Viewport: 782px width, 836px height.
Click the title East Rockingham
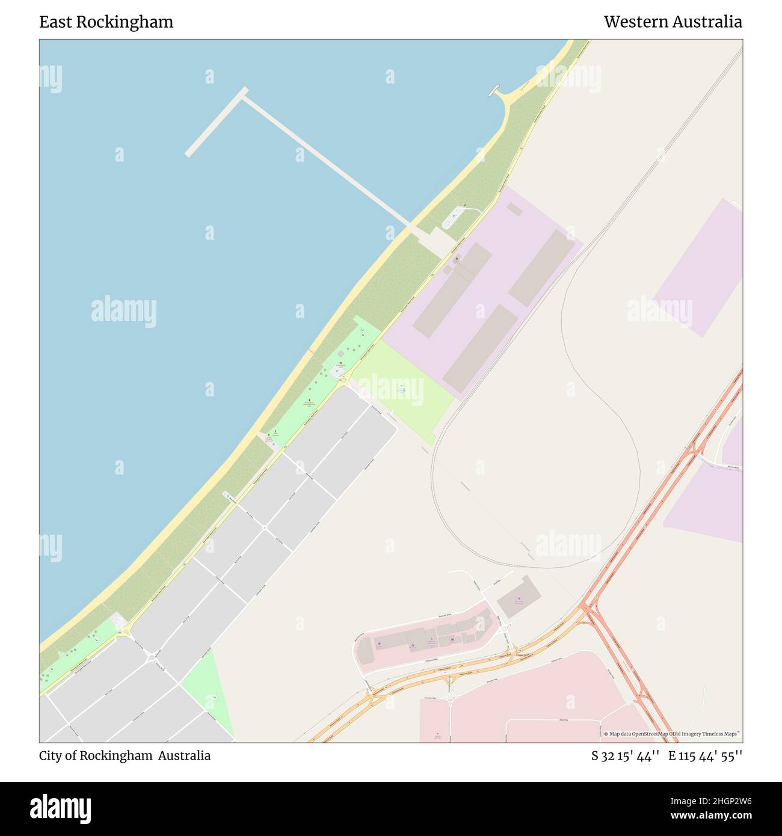click(x=106, y=22)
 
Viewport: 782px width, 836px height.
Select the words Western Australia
click(x=673, y=22)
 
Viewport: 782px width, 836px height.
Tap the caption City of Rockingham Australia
click(x=125, y=756)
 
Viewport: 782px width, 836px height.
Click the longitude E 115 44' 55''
click(x=705, y=756)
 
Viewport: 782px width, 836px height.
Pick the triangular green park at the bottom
click(x=208, y=695)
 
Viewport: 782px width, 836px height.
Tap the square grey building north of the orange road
click(x=519, y=597)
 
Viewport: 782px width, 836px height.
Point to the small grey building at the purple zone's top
click(x=514, y=208)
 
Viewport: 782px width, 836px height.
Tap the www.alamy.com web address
click(x=711, y=816)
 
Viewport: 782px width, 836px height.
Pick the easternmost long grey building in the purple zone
click(x=541, y=268)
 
